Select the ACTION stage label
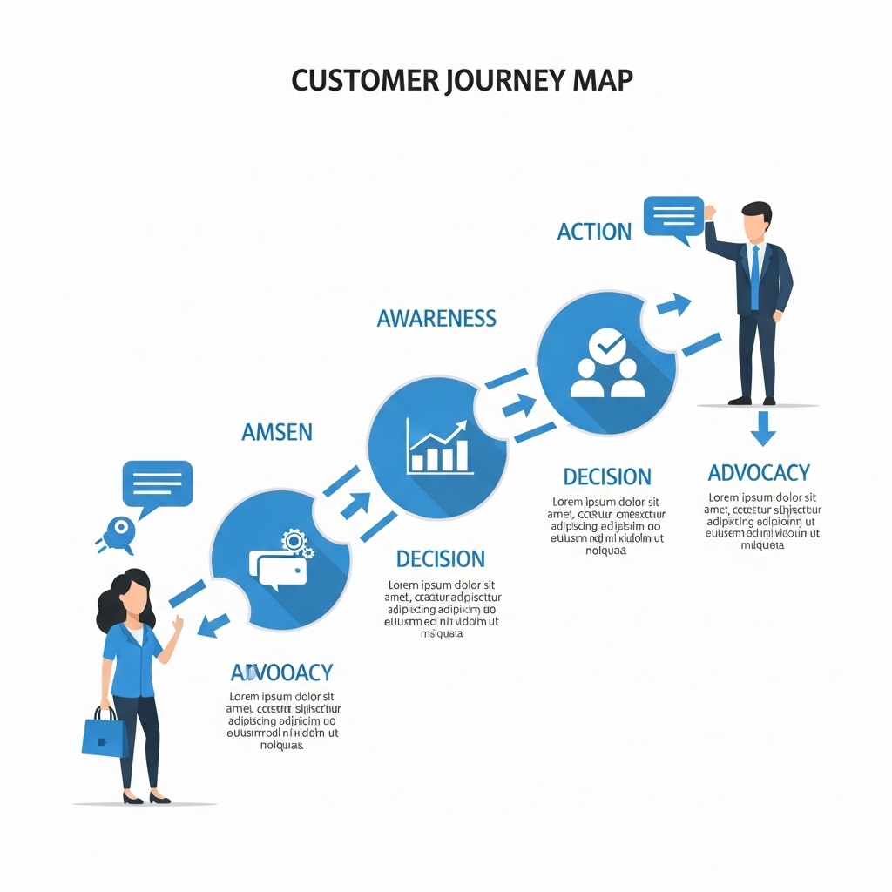[594, 232]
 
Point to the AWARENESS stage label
[436, 319]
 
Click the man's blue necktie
[754, 277]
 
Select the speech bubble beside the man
[673, 218]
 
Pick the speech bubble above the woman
[158, 483]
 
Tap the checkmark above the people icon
[607, 345]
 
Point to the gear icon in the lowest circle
[294, 542]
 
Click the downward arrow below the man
[764, 428]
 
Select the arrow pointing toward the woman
[213, 624]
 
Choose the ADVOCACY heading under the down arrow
[759, 473]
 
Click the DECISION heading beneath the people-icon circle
[607, 477]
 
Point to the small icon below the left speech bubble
[119, 533]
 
